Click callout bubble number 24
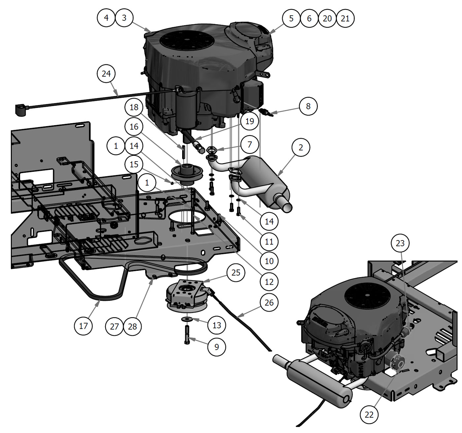coord(106,73)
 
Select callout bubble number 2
coord(300,147)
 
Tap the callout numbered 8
coord(308,106)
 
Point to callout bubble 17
coord(83,326)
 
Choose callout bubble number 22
coord(369,414)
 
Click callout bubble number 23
coord(400,243)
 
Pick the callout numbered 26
coord(269,302)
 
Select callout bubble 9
coord(216,347)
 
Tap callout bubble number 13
coord(216,325)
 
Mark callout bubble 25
coord(236,272)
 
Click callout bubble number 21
coord(345,18)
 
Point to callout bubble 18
coord(134,107)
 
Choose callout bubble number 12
coord(269,281)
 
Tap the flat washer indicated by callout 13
coord(187,319)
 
